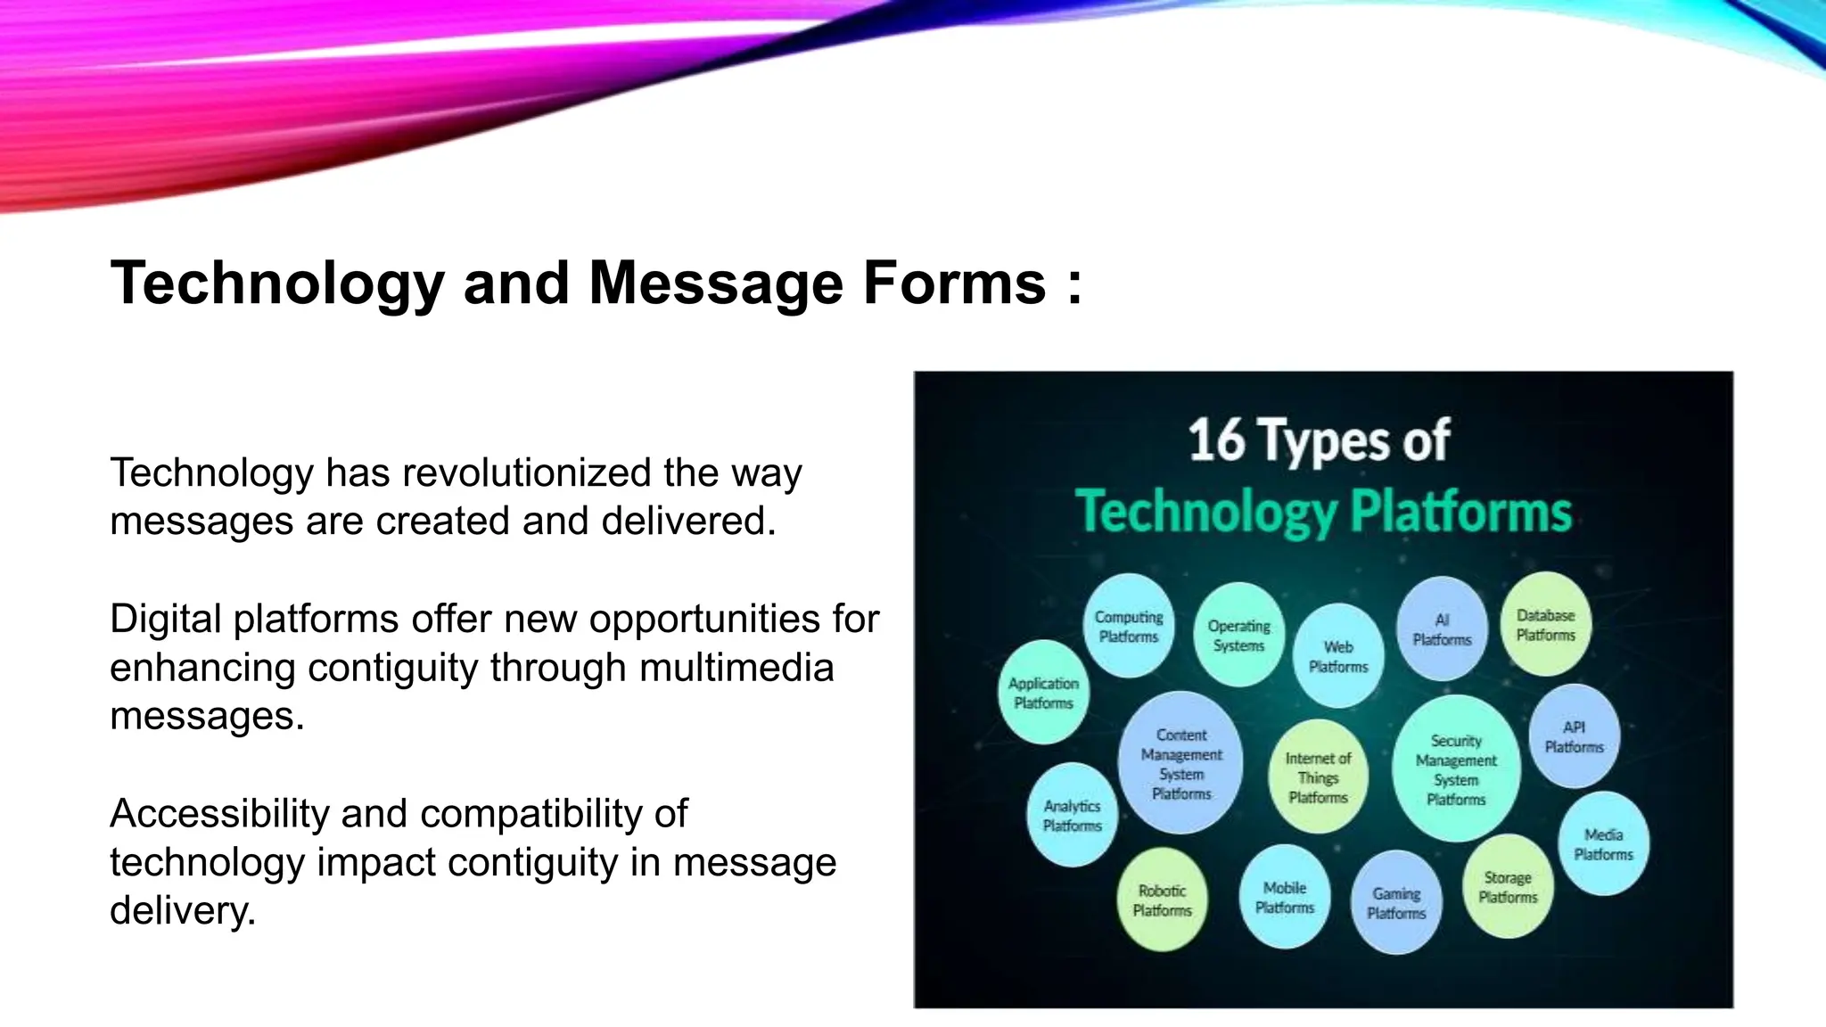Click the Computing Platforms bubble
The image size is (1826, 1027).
point(1129,626)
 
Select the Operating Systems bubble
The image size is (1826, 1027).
point(1238,635)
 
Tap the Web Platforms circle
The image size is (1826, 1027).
point(1338,656)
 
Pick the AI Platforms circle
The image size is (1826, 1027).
point(1442,629)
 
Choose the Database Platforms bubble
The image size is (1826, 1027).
point(1546,624)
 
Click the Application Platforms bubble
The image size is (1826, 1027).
point(1043,693)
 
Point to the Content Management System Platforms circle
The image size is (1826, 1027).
point(1181,763)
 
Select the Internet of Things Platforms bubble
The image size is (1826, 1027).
point(1318,776)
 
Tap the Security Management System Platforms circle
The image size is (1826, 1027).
point(1456,769)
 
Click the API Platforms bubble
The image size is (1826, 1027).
point(1574,736)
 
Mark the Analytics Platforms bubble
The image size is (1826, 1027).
point(1072,815)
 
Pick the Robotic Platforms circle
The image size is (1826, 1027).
point(1162,900)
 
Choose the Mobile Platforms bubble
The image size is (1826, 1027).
point(1285,897)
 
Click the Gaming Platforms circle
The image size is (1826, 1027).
point(1396,902)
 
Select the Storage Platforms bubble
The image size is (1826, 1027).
point(1508,887)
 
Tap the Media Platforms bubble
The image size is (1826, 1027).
point(1603,843)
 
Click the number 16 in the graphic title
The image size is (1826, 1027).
point(1216,440)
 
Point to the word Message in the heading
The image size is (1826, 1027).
point(715,283)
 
